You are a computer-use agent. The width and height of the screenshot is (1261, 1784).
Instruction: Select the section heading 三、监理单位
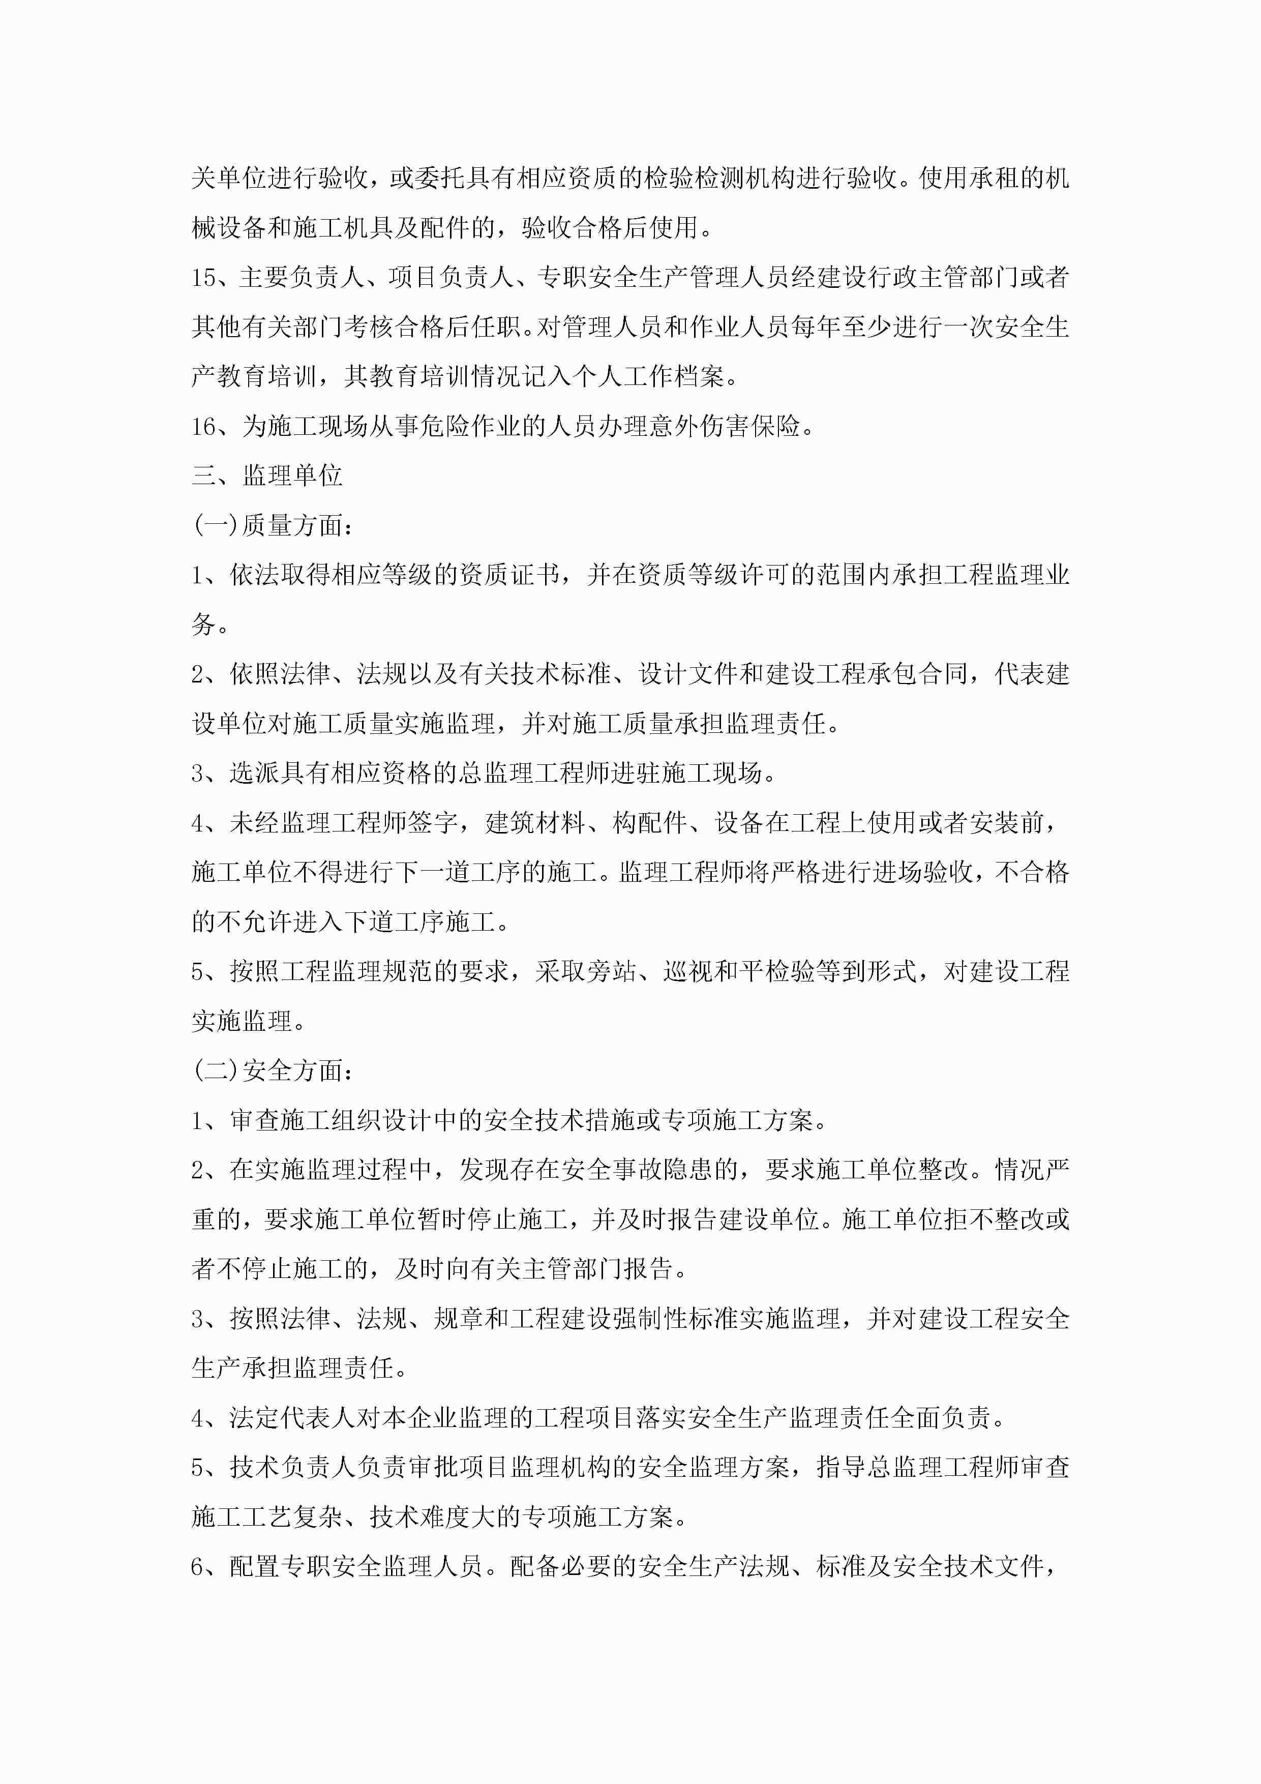(266, 475)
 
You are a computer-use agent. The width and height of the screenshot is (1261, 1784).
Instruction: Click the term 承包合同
(917, 674)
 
